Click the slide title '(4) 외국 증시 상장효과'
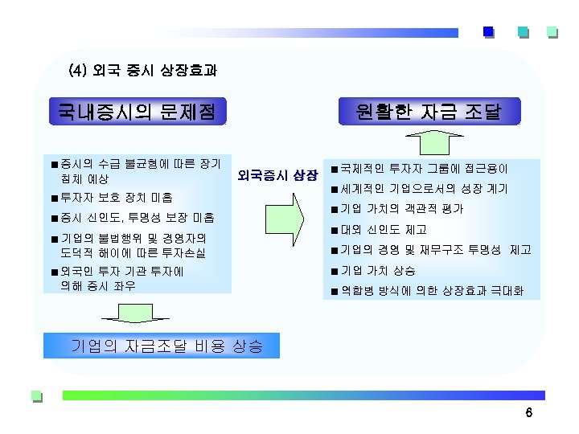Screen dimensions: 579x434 [x=143, y=71]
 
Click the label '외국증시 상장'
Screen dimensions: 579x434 [x=278, y=174]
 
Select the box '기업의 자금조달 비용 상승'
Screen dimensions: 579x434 [x=166, y=346]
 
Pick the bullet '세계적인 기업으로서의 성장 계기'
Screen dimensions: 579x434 [x=423, y=190]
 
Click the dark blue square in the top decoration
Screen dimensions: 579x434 [x=488, y=32]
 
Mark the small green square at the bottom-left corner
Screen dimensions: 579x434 [x=35, y=395]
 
